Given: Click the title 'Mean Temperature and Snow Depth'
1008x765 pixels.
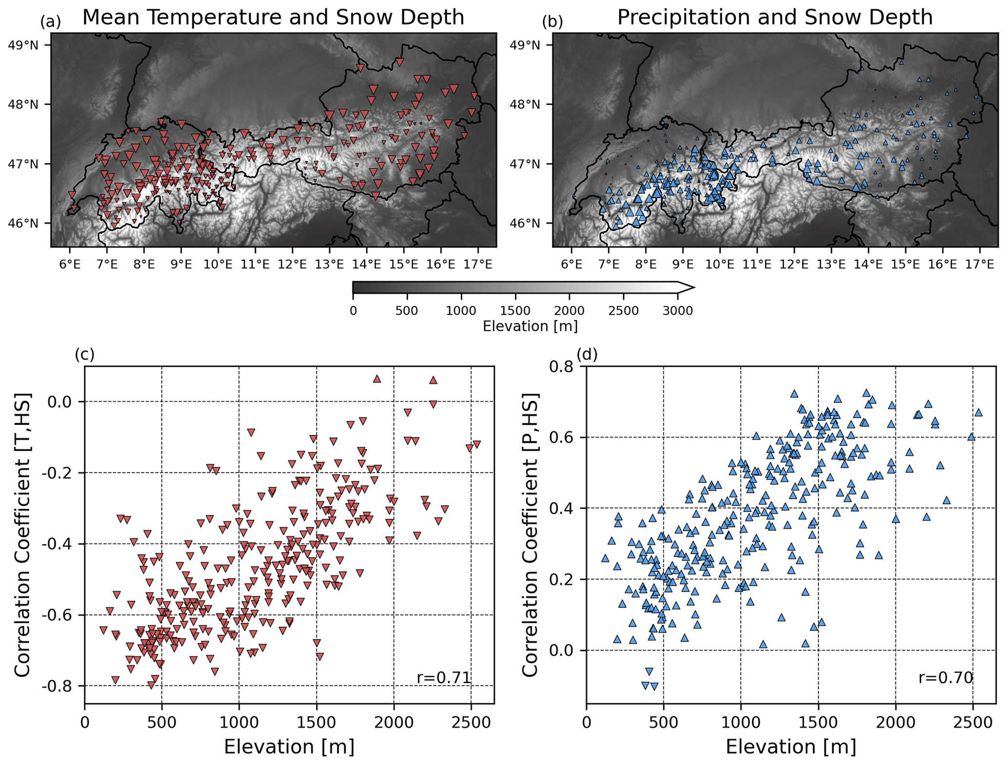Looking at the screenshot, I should pyautogui.click(x=273, y=18).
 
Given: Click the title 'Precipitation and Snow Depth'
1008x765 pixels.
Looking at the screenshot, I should pyautogui.click(x=774, y=18).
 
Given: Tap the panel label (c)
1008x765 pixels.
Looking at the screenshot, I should pyautogui.click(x=84, y=354).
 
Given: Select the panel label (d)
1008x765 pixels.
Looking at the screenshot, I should pyautogui.click(x=587, y=354).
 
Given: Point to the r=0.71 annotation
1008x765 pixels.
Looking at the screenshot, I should pyautogui.click(x=443, y=677).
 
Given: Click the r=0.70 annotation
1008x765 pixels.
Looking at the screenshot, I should pyautogui.click(x=946, y=677).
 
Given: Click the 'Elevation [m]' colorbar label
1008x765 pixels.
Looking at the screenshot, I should pyautogui.click(x=530, y=326).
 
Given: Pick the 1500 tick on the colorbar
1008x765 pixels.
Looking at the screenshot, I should pyautogui.click(x=515, y=310).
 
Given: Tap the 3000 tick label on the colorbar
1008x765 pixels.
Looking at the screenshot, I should pyautogui.click(x=677, y=310).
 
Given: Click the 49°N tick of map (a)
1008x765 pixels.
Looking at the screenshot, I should pyautogui.click(x=30, y=45).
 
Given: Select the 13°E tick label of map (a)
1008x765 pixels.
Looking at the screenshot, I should pyautogui.click(x=330, y=264).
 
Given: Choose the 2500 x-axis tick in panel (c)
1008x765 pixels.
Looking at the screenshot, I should pyautogui.click(x=471, y=722).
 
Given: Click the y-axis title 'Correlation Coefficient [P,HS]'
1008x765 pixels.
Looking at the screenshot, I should pyautogui.click(x=530, y=535).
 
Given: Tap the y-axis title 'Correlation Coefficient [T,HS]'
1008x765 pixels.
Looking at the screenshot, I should pyautogui.click(x=23, y=535).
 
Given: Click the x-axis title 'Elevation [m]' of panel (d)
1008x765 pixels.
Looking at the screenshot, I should pyautogui.click(x=791, y=746).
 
